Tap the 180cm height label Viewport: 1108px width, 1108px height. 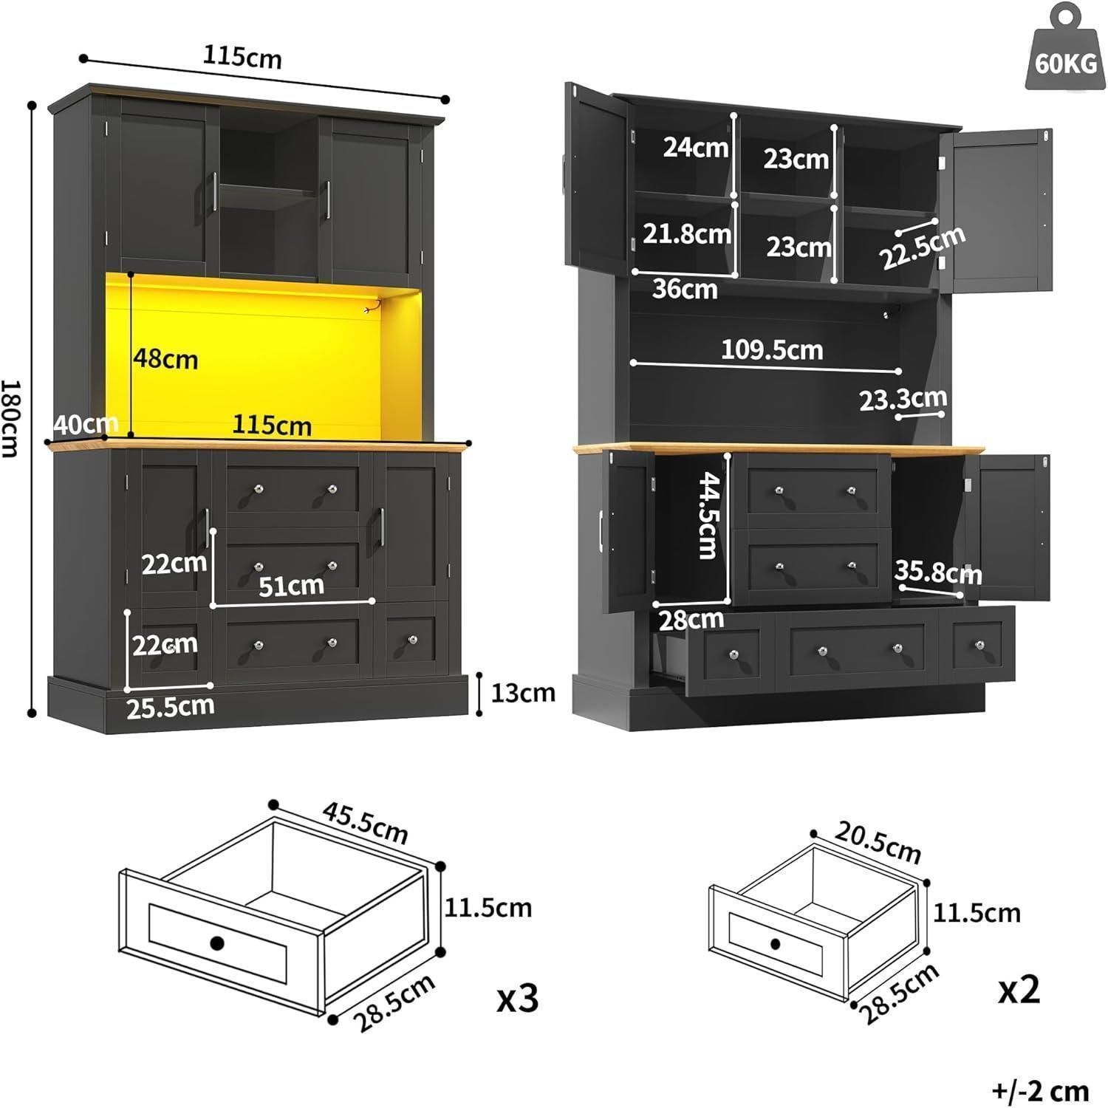tap(10, 418)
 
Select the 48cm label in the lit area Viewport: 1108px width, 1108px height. tap(165, 359)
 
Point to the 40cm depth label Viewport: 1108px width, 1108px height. tap(86, 424)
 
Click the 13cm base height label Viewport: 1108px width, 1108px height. tap(523, 693)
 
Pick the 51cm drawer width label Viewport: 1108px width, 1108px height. tap(291, 586)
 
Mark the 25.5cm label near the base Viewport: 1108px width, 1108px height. tap(171, 707)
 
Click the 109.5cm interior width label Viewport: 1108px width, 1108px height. tap(772, 349)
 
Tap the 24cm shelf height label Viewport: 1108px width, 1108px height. tap(695, 147)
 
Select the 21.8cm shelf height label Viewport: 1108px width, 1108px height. tap(686, 233)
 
